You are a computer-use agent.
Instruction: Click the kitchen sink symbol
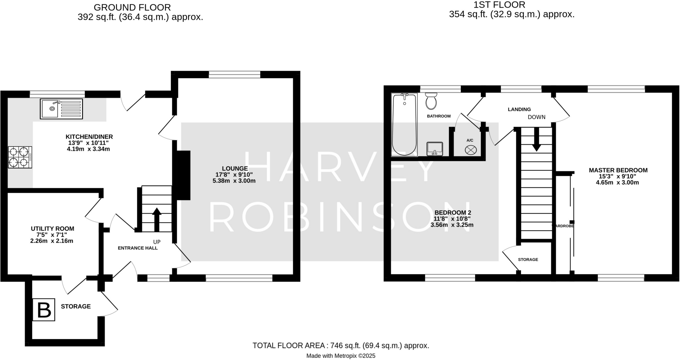tap(61, 109)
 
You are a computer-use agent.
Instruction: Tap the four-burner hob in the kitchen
tap(20, 157)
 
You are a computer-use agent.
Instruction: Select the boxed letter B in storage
tap(44, 310)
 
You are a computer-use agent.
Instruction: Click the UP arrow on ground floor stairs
tap(157, 219)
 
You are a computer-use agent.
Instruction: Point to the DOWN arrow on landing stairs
tap(537, 139)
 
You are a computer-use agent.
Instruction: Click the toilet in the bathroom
tap(431, 101)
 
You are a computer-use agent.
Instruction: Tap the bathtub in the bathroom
tap(404, 124)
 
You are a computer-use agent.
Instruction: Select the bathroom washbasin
tap(435, 149)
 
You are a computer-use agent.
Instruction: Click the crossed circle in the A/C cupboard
tap(470, 150)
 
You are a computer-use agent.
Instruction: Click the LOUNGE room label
tap(235, 169)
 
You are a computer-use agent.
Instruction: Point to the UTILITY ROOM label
tap(52, 229)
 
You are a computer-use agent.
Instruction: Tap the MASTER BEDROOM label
tap(618, 170)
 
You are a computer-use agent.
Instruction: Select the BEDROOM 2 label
tap(453, 212)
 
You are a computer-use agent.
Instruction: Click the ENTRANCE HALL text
tap(138, 248)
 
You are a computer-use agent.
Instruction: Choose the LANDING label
tap(519, 109)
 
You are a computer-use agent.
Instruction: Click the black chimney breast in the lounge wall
tap(183, 175)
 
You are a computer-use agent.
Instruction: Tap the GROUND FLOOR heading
tap(132, 7)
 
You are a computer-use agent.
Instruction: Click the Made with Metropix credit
tap(341, 356)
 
